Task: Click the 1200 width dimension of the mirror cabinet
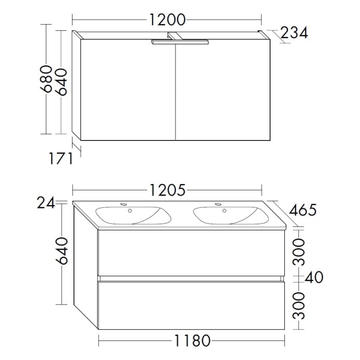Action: (x=167, y=20)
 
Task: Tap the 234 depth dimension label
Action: (x=294, y=33)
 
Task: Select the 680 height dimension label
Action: (x=47, y=79)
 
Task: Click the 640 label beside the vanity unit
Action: (x=62, y=250)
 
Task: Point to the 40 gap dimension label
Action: (x=314, y=278)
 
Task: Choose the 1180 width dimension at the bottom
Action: (x=191, y=340)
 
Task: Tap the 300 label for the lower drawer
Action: (x=300, y=304)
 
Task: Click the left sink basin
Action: (x=133, y=216)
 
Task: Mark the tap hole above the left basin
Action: (x=123, y=205)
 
